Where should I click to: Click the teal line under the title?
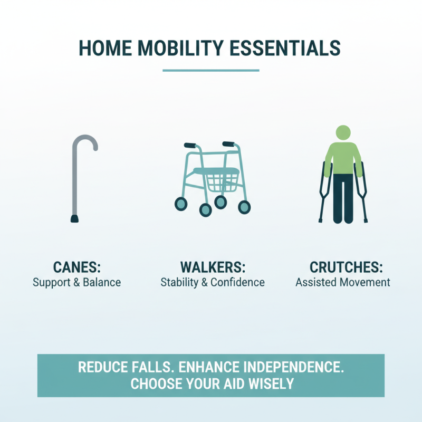pyautogui.click(x=211, y=70)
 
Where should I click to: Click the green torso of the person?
pyautogui.click(x=343, y=158)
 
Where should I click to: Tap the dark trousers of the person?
pyautogui.click(x=343, y=198)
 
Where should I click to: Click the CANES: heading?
pyautogui.click(x=76, y=267)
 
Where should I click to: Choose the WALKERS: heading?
pyautogui.click(x=212, y=267)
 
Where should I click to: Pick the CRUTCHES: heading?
pyautogui.click(x=343, y=267)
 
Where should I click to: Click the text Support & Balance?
pyautogui.click(x=76, y=282)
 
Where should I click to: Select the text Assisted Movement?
pyautogui.click(x=343, y=282)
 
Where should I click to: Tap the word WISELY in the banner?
pyautogui.click(x=268, y=383)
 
